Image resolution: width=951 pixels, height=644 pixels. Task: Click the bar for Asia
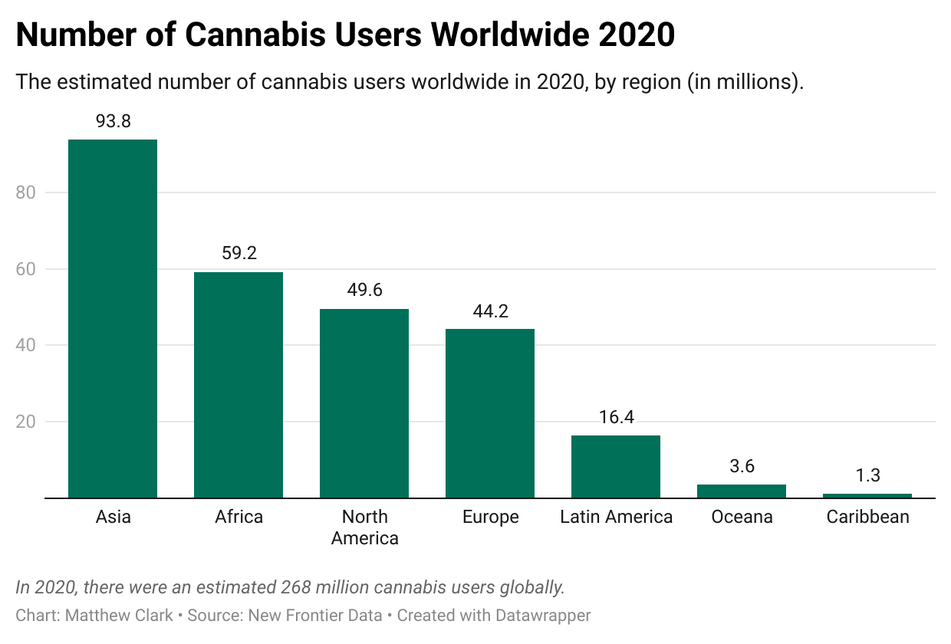point(113,318)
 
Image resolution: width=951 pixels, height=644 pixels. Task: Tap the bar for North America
point(364,403)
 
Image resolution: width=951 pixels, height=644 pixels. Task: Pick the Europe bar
point(490,413)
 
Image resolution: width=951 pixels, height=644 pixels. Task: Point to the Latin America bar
point(616,466)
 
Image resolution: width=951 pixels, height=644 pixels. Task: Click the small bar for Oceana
point(742,491)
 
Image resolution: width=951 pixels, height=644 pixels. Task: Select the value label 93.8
point(113,121)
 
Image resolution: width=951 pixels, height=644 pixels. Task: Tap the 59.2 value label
point(239,254)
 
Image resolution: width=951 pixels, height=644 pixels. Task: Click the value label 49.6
point(364,291)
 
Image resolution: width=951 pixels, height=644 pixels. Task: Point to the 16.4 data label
point(616,417)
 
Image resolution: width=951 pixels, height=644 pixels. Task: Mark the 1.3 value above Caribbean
point(867,475)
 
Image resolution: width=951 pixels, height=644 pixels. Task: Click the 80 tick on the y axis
point(26,192)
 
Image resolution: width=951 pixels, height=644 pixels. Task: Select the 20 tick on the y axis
point(26,422)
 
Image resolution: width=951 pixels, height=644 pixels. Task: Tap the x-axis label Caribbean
point(867,517)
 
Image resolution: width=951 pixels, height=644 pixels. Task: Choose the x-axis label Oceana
point(742,517)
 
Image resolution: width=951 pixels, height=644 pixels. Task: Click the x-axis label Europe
point(490,517)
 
